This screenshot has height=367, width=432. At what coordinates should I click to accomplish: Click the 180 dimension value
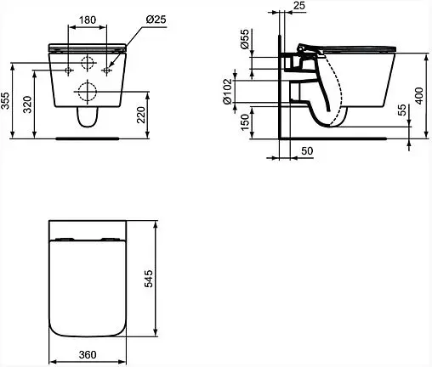pyautogui.click(x=88, y=19)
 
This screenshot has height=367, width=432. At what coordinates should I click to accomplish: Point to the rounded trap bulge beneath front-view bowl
pyautogui.click(x=88, y=121)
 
